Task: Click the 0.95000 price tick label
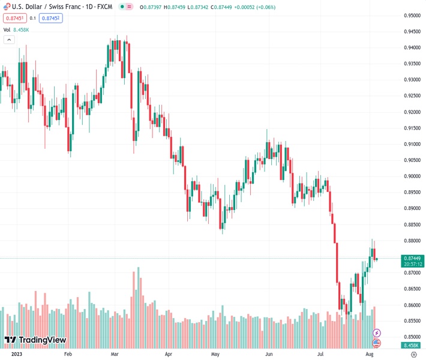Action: click(x=412, y=16)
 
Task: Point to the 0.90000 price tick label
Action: click(x=412, y=176)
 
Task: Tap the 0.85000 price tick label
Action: click(x=412, y=337)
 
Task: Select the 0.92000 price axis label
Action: click(x=412, y=112)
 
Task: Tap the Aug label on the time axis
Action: click(x=370, y=355)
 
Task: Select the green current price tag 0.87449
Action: click(x=412, y=258)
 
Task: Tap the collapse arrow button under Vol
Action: click(x=8, y=40)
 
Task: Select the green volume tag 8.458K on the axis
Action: click(x=412, y=346)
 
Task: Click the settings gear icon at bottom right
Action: click(x=413, y=355)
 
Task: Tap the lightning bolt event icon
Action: click(x=377, y=332)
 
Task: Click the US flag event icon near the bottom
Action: click(x=377, y=343)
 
